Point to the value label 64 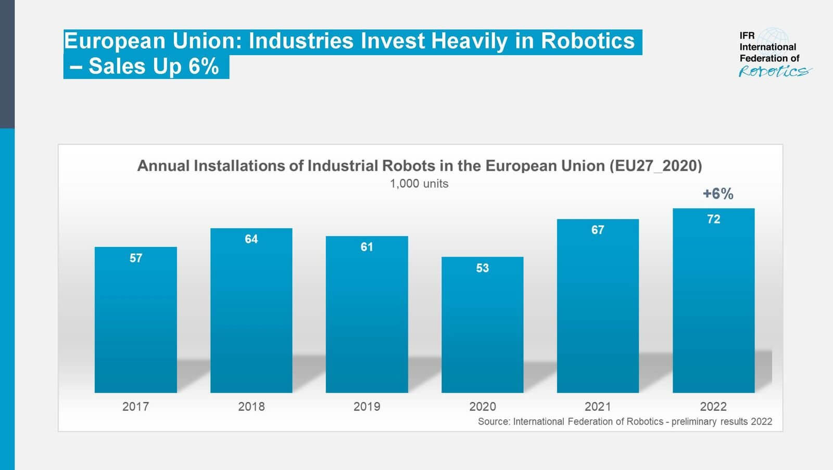click(x=251, y=239)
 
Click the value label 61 click(x=367, y=247)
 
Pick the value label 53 click(x=482, y=268)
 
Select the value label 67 click(x=598, y=230)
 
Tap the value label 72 click(x=713, y=219)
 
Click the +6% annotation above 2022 click(x=718, y=194)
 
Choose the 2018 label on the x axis click(x=251, y=407)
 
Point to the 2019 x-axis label click(x=367, y=407)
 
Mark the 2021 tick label click(x=598, y=407)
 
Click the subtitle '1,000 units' click(x=419, y=184)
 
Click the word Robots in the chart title click(x=408, y=166)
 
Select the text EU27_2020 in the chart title click(x=655, y=166)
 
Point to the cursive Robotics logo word click(x=774, y=71)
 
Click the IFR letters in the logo click(x=747, y=35)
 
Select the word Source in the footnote click(x=494, y=422)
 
